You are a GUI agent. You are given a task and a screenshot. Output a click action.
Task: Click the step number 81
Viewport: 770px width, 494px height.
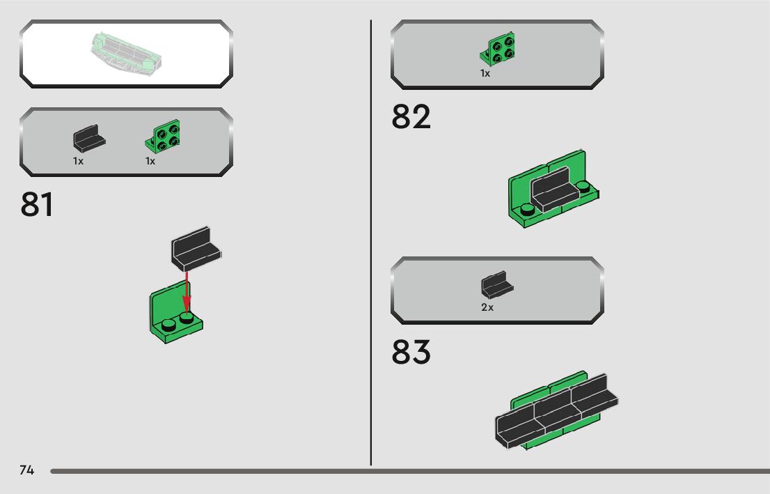pos(37,204)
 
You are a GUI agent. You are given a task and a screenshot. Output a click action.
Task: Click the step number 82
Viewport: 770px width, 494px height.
pos(411,117)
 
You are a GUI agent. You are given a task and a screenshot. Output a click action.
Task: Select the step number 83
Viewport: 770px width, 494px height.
pos(411,353)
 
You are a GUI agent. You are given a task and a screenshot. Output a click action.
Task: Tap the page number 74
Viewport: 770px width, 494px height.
pos(26,470)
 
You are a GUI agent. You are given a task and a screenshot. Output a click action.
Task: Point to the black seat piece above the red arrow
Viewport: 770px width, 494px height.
pos(196,247)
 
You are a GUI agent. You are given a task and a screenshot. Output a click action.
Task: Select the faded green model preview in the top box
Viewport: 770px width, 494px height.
pos(126,53)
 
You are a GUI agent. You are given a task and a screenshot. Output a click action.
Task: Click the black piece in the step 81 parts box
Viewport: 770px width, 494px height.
pos(88,139)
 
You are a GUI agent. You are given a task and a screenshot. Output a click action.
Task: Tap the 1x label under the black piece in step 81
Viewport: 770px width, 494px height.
pos(78,161)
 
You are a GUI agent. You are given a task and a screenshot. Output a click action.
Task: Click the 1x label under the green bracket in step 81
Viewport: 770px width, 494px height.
pos(150,161)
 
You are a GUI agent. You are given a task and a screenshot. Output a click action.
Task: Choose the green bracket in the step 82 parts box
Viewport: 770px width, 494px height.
pos(498,49)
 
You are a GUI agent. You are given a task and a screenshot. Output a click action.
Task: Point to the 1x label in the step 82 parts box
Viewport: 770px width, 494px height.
pos(485,73)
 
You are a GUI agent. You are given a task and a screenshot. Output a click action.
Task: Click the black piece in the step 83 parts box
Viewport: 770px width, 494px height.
pos(496,286)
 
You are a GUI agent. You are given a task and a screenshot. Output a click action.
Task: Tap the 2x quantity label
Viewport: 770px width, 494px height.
pos(487,307)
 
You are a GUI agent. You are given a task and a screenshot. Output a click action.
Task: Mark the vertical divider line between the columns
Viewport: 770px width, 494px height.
pos(371,244)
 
